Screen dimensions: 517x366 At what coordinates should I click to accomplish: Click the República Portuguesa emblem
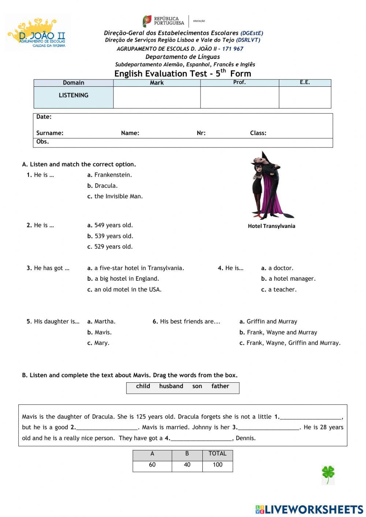147,21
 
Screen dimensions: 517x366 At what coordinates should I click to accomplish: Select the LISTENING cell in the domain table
74,95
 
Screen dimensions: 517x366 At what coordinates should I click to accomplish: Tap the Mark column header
157,83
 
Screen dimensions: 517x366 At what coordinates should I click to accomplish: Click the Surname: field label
50,133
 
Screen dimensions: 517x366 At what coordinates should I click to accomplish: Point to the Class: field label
258,133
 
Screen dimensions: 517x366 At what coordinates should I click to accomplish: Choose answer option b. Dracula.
102,186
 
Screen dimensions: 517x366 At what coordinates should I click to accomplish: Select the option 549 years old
110,225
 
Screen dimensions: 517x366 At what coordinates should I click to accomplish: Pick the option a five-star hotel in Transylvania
136,268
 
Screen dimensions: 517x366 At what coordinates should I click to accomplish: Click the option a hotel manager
288,279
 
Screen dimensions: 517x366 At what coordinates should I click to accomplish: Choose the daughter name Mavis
100,332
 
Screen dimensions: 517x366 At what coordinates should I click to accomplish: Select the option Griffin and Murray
268,322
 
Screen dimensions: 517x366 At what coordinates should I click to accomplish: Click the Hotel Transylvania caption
271,226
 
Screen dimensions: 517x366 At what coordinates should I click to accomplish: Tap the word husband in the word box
171,386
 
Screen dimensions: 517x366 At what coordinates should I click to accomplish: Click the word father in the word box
220,386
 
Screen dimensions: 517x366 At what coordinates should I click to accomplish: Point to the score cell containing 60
152,465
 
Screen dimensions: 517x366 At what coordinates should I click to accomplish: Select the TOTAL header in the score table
217,454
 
